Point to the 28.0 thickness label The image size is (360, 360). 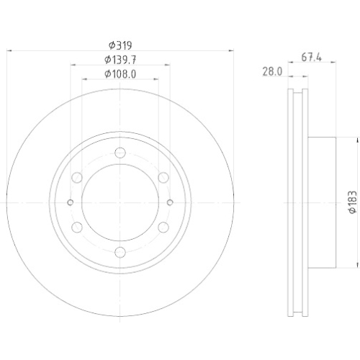[271, 71]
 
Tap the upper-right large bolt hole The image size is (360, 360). [163, 178]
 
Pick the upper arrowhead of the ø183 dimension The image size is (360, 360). [336, 140]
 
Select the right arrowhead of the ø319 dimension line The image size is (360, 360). [230, 50]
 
